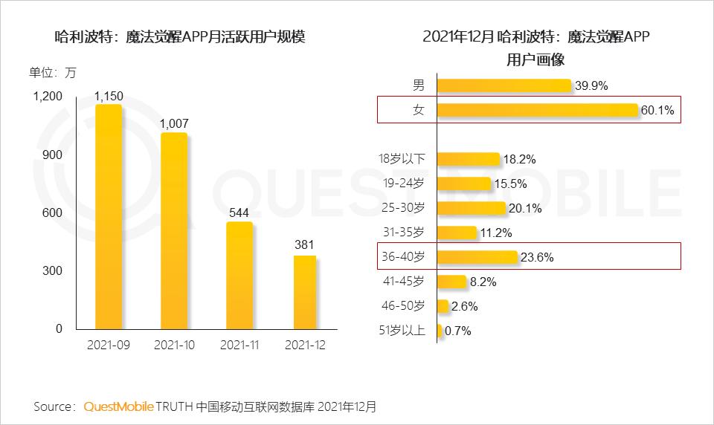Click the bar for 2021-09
(109, 217)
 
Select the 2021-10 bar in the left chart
(174, 231)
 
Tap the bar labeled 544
(239, 276)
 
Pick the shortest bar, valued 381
(304, 292)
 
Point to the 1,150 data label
(109, 95)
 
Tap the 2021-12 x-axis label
(305, 345)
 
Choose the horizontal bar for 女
(538, 110)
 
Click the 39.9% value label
(591, 86)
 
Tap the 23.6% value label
(537, 258)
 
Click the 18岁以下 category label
(402, 159)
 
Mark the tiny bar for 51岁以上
(440, 331)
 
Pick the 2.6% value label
(465, 306)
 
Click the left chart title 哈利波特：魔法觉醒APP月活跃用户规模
(181, 38)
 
